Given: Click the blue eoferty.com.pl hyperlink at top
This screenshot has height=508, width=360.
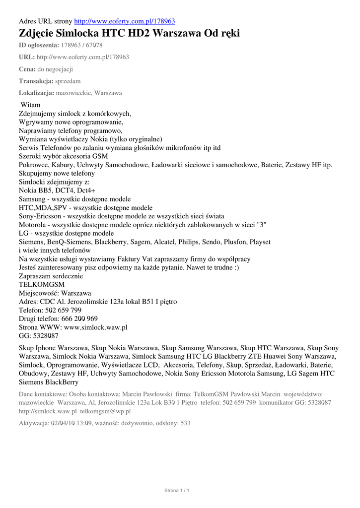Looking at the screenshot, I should (124, 21).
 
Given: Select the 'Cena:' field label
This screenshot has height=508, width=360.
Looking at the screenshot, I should (27, 69).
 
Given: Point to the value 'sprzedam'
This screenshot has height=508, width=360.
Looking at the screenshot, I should (68, 81).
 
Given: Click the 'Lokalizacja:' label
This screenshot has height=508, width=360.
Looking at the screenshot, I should (36, 93).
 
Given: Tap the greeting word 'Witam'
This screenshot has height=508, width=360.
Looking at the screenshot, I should (31, 105).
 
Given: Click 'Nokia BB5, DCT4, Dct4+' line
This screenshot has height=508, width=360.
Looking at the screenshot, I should (57, 190).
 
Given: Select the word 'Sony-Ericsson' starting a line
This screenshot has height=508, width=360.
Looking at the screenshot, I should (42, 216).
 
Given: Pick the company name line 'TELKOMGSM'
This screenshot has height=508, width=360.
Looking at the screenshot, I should (42, 284).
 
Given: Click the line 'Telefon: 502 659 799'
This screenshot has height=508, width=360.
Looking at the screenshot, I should (50, 310).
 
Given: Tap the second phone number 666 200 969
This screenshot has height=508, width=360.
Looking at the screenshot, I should (79, 318).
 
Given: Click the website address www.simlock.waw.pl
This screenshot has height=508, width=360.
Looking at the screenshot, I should (96, 327).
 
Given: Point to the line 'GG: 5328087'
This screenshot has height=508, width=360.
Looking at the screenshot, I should (38, 336).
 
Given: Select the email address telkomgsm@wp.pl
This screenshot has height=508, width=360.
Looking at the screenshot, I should (105, 411).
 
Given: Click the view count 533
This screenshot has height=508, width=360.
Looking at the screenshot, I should (185, 423).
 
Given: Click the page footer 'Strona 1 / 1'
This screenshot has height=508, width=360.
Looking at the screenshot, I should (177, 491).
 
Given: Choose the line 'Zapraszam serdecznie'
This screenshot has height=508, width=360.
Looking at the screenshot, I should (51, 276).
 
